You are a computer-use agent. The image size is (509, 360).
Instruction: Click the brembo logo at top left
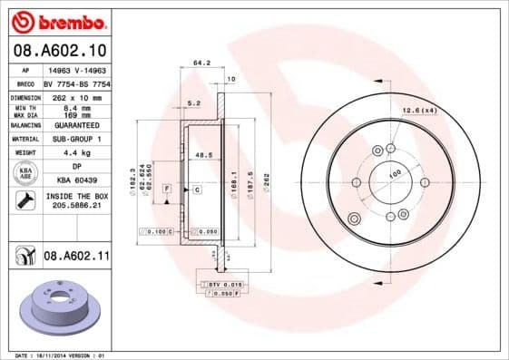[60, 20]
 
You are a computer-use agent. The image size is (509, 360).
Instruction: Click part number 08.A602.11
[76, 257]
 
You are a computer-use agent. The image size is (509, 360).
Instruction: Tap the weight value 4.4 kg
[75, 152]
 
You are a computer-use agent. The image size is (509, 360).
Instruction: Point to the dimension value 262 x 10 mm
[75, 95]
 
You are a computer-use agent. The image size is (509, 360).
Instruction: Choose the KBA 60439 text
[75, 180]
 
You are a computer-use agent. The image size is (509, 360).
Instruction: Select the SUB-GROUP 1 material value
[75, 139]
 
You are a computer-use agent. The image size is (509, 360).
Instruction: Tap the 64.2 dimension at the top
[201, 63]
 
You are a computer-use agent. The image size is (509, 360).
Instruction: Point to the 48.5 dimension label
[204, 155]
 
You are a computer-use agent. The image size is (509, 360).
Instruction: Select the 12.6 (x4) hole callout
[418, 111]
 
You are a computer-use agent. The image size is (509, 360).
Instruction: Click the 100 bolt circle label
[395, 173]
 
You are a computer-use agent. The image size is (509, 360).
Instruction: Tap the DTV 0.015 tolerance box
[220, 286]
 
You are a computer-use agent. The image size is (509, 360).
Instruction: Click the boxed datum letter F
[167, 188]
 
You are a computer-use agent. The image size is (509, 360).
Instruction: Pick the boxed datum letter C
[196, 189]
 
